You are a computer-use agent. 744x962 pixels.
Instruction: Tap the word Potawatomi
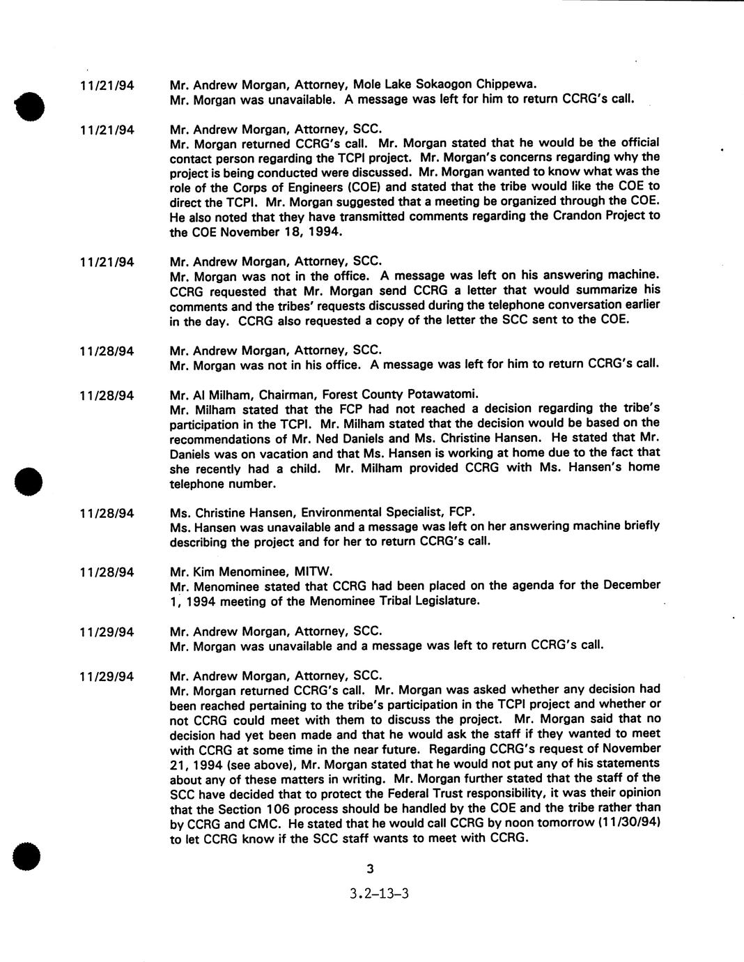[x=442, y=392]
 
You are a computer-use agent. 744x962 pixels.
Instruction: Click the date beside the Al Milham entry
[x=107, y=395]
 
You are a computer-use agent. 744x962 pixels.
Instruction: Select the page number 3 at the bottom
[x=370, y=869]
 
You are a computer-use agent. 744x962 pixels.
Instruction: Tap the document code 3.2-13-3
[x=379, y=893]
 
